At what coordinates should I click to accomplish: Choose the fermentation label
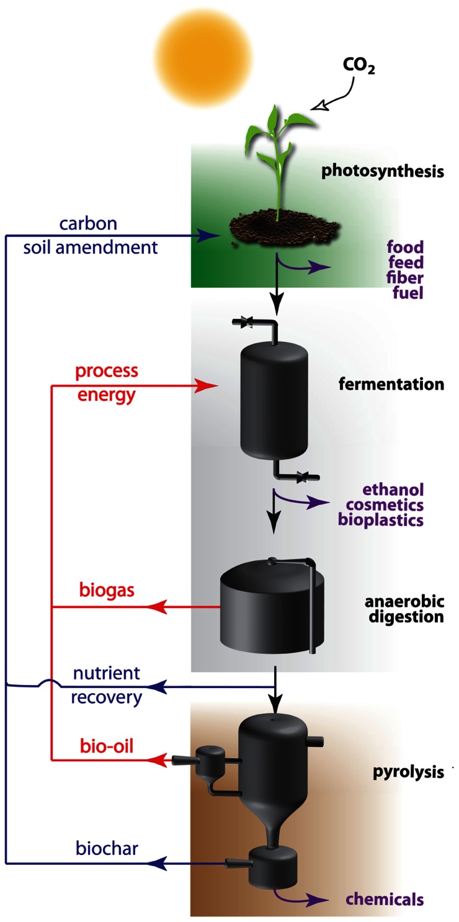391,384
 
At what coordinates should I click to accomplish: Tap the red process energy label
106,383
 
